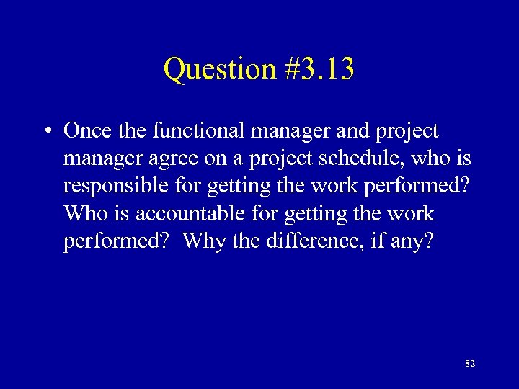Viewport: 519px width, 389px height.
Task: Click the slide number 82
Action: [x=470, y=365]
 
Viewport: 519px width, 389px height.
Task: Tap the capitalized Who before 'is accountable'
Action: [x=83, y=213]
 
